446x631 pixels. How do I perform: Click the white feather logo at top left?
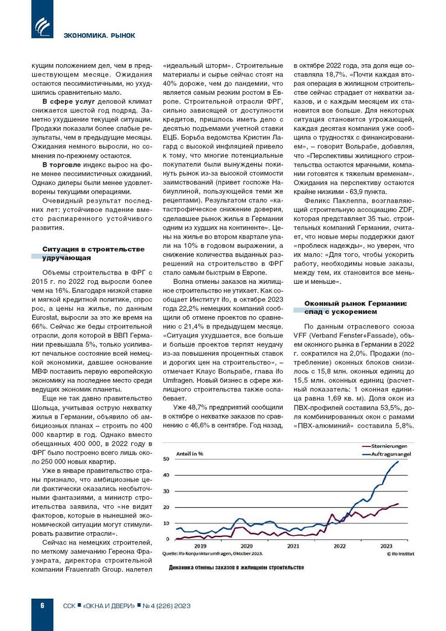42,26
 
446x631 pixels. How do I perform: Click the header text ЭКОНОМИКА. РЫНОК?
99,36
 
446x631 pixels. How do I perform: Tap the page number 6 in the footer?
42,605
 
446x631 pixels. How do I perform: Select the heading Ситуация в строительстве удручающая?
93,253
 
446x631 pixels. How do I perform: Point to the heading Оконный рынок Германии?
355,308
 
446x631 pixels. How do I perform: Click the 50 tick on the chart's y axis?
166,459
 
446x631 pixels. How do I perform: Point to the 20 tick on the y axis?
166,507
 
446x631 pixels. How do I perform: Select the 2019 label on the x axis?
200,546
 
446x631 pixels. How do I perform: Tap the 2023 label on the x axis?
386,546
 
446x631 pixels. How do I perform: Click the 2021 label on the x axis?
293,546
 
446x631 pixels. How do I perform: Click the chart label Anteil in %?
190,454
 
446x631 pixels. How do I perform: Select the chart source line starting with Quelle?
213,554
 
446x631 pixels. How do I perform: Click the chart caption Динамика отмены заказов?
236,567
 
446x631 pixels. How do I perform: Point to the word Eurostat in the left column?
46,318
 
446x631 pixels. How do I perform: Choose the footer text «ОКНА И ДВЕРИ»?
109,606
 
